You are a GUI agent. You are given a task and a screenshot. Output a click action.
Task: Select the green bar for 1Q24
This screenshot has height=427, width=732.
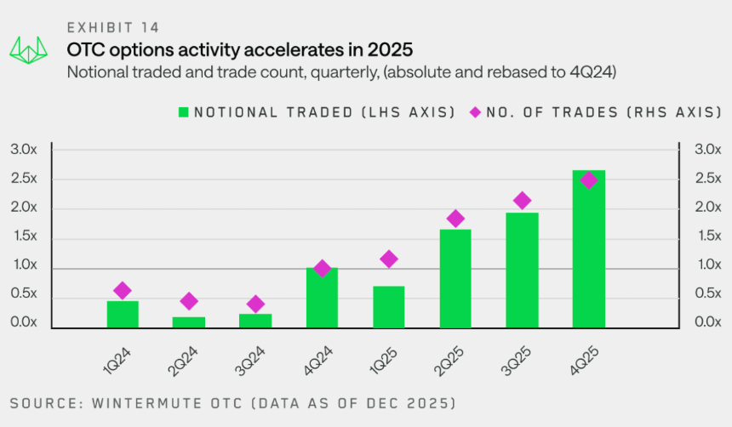tap(123, 314)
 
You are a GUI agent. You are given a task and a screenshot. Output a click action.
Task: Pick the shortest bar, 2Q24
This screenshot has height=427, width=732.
tap(189, 322)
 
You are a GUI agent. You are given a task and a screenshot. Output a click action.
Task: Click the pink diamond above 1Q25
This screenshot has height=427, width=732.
tap(389, 259)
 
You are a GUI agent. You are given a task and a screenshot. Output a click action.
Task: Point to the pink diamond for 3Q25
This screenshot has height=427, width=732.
tap(523, 201)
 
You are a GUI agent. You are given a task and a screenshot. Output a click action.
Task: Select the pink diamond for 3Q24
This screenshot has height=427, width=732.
tap(255, 304)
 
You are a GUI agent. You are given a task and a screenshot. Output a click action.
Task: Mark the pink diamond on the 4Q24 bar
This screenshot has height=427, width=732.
tap(322, 269)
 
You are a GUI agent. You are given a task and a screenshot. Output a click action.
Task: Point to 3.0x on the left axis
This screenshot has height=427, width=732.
tap(24, 150)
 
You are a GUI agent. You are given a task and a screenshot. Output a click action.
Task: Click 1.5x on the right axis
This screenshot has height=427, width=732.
tap(708, 237)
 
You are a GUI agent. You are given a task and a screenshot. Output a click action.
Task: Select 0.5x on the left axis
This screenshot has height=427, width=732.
tap(24, 294)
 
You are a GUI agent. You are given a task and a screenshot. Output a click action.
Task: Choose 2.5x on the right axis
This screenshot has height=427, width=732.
tap(708, 179)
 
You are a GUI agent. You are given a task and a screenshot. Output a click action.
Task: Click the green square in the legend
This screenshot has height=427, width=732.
tap(183, 111)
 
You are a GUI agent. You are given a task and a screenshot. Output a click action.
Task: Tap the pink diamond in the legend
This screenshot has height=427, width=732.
tap(475, 111)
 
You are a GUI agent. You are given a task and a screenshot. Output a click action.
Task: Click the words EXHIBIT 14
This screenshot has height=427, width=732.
tap(113, 28)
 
